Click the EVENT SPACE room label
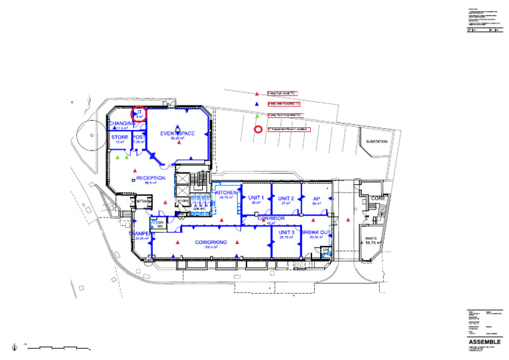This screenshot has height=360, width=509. [178, 133]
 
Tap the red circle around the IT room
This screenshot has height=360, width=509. [139, 114]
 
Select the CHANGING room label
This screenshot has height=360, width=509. [121, 123]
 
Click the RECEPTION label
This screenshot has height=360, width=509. [150, 178]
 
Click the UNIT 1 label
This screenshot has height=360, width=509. [256, 198]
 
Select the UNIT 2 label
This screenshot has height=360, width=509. [286, 198]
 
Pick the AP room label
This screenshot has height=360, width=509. [315, 198]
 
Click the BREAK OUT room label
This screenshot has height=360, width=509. [315, 233]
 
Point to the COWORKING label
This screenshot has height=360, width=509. [211, 242]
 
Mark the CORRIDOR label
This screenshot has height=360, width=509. [270, 218]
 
